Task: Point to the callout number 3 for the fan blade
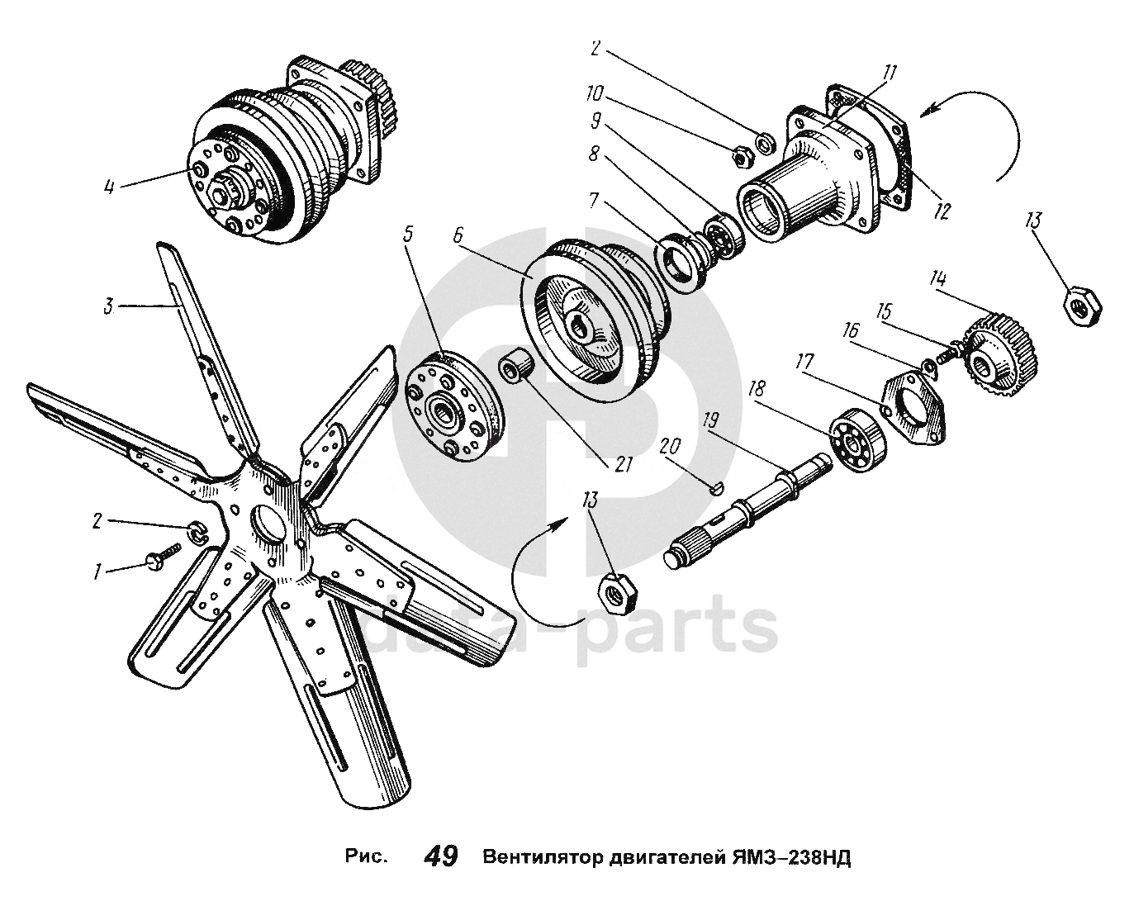click(x=108, y=307)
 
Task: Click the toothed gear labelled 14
click(x=1001, y=354)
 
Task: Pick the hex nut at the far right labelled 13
click(x=1079, y=305)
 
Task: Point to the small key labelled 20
click(x=717, y=487)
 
